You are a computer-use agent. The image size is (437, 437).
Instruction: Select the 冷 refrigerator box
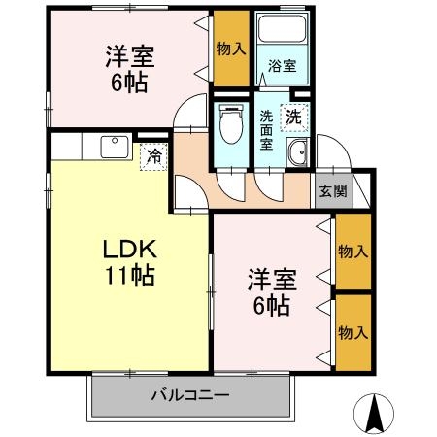tap(153, 155)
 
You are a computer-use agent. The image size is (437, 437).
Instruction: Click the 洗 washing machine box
tap(292, 116)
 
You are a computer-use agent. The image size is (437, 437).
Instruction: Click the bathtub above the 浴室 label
tap(282, 35)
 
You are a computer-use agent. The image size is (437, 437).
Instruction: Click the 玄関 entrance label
tap(333, 191)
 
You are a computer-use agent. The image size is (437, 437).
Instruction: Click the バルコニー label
tap(190, 396)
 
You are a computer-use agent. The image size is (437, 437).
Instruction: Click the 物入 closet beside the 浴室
tap(231, 48)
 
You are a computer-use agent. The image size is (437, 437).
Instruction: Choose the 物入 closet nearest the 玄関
tap(353, 252)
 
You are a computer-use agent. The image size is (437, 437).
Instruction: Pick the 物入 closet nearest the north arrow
tap(353, 331)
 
